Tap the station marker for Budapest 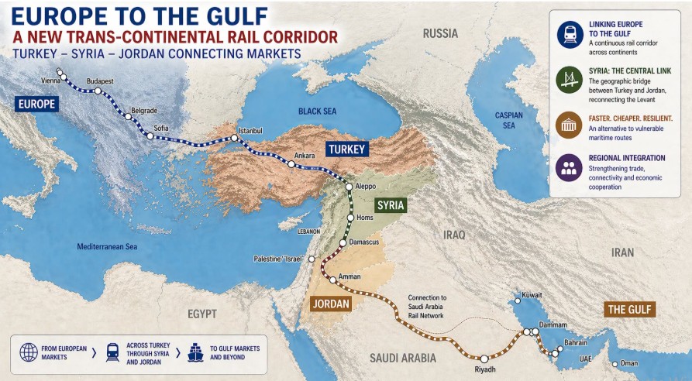point(98,91)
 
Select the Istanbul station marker point(233,139)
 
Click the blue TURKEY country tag point(346,149)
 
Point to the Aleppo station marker point(348,186)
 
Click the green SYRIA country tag point(391,205)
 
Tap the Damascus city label point(363,242)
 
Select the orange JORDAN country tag point(332,304)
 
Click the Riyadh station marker point(484,359)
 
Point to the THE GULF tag point(631,310)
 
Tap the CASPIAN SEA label point(509,120)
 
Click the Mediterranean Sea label point(106,247)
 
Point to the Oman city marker point(614,364)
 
